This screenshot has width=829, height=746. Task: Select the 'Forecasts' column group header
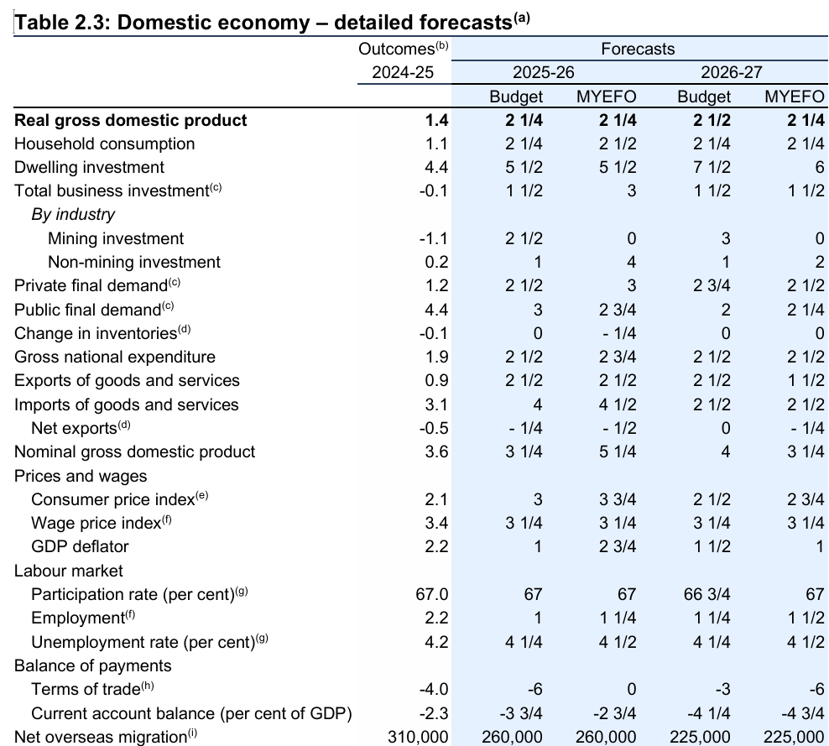click(x=637, y=50)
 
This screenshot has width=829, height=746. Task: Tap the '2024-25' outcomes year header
click(x=403, y=73)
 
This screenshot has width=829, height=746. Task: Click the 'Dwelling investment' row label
click(x=90, y=167)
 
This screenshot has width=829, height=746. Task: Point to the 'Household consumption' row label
click(x=105, y=143)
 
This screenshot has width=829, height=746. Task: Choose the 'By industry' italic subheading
click(x=73, y=214)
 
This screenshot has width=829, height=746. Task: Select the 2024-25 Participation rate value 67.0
click(x=431, y=594)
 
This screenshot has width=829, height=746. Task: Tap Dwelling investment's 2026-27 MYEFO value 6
click(x=819, y=167)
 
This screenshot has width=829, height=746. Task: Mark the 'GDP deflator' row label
click(x=80, y=546)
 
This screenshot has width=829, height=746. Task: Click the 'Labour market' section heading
click(x=69, y=571)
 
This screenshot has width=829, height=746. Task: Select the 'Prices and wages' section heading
click(x=81, y=476)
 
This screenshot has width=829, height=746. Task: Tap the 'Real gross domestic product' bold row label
click(x=131, y=120)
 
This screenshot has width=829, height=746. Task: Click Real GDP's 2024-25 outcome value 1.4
click(x=437, y=120)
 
